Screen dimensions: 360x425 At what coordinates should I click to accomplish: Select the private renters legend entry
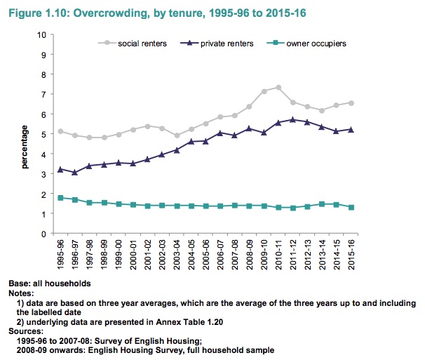[x=222, y=44]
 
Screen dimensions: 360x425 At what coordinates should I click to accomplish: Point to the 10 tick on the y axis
[x=44, y=34]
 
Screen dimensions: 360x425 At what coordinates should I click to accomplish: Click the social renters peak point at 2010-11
[x=278, y=88]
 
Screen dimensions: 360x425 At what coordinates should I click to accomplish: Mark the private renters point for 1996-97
[x=75, y=172]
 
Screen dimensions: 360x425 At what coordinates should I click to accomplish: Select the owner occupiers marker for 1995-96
[x=60, y=198]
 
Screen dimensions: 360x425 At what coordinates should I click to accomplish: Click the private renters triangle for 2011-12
[x=293, y=119]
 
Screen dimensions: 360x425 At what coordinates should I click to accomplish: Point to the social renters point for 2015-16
[x=351, y=102]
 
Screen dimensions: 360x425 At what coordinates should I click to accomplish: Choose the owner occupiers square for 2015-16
[x=351, y=207]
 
